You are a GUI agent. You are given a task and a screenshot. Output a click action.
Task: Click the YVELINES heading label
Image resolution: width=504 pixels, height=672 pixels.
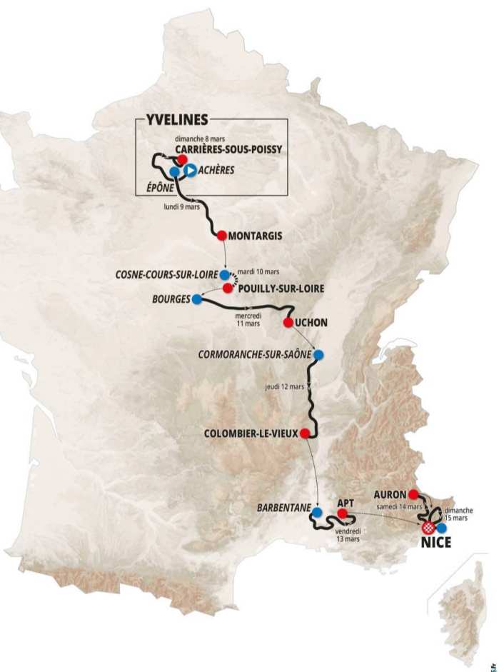pyautogui.click(x=176, y=120)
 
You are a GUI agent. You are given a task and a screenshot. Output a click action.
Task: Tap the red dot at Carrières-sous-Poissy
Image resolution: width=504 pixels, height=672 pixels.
pyautogui.click(x=182, y=159)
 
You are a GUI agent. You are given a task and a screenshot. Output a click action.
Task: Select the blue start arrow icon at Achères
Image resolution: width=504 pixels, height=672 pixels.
pyautogui.click(x=190, y=170)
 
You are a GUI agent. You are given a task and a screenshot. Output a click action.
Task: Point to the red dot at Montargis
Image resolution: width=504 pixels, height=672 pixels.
pyautogui.click(x=222, y=236)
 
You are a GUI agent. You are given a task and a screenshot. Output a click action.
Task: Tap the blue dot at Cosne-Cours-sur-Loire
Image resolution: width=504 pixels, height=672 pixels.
pyautogui.click(x=225, y=274)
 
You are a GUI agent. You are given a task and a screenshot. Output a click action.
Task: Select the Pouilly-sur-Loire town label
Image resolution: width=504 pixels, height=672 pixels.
pyautogui.click(x=281, y=289)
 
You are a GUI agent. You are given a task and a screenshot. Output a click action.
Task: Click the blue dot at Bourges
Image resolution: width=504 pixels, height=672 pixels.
pyautogui.click(x=196, y=300)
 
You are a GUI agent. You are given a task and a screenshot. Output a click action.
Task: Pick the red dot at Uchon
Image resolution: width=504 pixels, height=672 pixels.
pyautogui.click(x=288, y=323)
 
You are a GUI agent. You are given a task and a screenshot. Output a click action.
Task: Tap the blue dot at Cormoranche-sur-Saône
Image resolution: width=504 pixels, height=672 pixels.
pyautogui.click(x=318, y=355)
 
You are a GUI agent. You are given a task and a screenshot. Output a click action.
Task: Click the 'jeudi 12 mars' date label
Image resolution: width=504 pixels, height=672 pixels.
pyautogui.click(x=284, y=386)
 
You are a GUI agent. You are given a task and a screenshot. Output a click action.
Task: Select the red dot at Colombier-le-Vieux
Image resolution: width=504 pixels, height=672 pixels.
pyautogui.click(x=305, y=433)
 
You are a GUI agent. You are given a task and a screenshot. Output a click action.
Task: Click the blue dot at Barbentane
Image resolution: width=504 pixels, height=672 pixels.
pyautogui.click(x=316, y=512)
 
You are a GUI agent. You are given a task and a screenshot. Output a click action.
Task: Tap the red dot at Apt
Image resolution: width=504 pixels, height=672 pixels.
pyautogui.click(x=343, y=513)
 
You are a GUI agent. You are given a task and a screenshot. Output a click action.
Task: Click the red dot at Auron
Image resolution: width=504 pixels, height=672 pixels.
pyautogui.click(x=413, y=493)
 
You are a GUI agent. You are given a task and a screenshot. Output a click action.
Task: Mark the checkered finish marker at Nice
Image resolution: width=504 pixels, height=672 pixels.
pyautogui.click(x=428, y=528)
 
